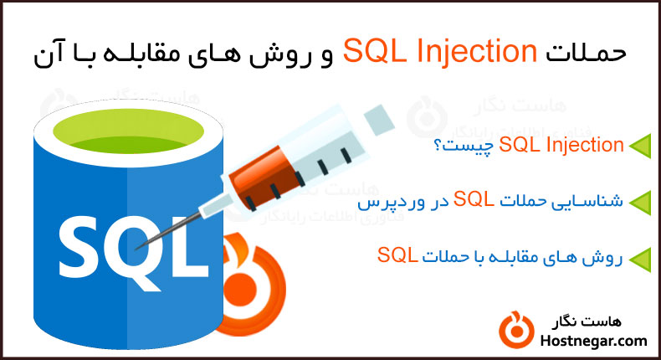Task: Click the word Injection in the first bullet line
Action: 583,146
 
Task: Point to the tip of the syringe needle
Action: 138,244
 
